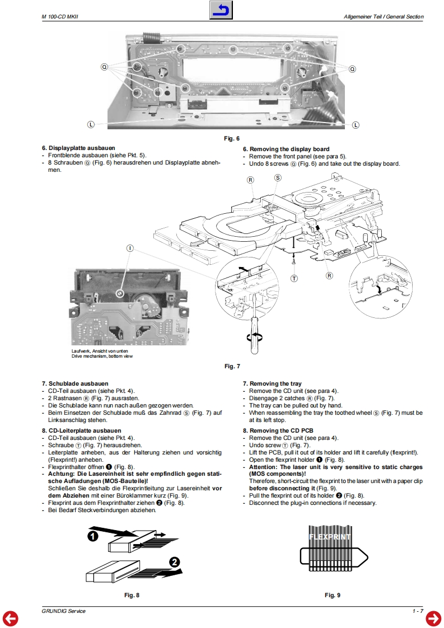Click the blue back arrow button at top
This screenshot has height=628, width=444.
pyautogui.click(x=221, y=11)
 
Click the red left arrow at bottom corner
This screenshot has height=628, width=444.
pyautogui.click(x=10, y=618)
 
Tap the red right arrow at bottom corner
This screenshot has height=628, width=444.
pyautogui.click(x=433, y=618)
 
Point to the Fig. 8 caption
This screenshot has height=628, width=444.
pyautogui.click(x=132, y=595)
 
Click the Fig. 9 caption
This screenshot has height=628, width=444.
pyautogui.click(x=333, y=595)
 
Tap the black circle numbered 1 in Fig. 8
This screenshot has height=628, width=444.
pyautogui.click(x=94, y=536)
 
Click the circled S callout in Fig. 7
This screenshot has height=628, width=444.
pyautogui.click(x=278, y=177)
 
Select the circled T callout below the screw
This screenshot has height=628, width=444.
pyautogui.click(x=295, y=278)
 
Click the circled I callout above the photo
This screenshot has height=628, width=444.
pyautogui.click(x=130, y=247)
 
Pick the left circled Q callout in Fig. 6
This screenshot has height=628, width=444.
pyautogui.click(x=104, y=67)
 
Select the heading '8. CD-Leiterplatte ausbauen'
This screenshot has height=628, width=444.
pyautogui.click(x=81, y=430)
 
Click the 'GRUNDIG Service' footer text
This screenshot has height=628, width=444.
pyautogui.click(x=63, y=611)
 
